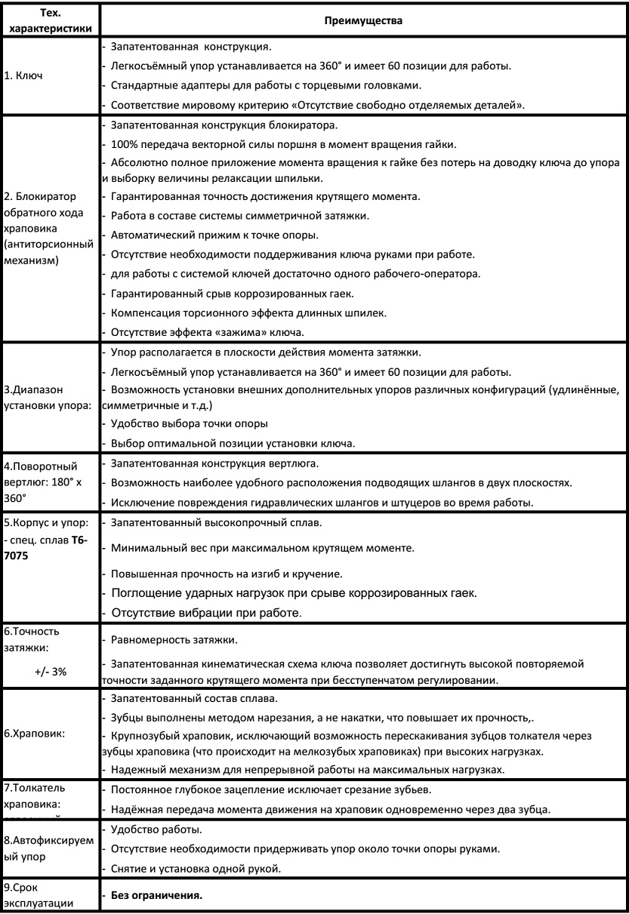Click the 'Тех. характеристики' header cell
[x=49, y=21]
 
